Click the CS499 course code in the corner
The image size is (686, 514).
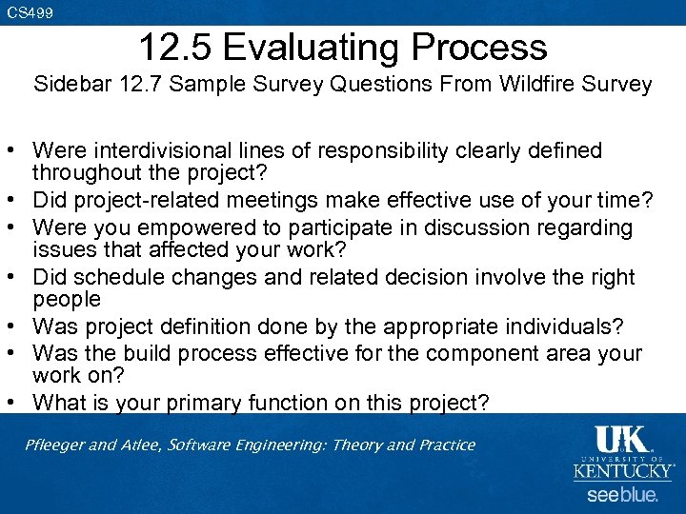tap(30, 12)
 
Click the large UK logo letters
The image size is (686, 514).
tap(622, 441)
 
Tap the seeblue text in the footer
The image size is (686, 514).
tap(622, 495)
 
